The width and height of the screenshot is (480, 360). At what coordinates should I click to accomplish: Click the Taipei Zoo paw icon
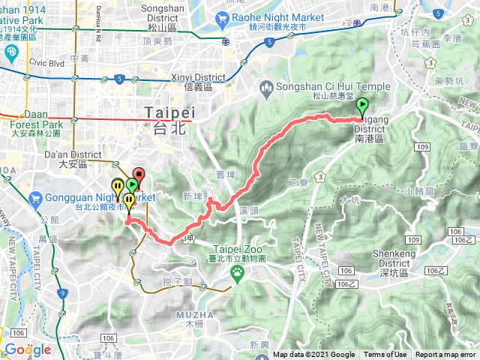pyautogui.click(x=238, y=273)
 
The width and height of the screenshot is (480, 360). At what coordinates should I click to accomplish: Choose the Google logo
pyautogui.click(x=27, y=349)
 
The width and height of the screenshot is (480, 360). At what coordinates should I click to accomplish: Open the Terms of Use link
pyautogui.click(x=385, y=355)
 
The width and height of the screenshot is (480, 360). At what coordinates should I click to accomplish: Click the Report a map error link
pyautogui.click(x=445, y=355)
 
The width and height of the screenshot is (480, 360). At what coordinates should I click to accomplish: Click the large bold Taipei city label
pyautogui.click(x=169, y=112)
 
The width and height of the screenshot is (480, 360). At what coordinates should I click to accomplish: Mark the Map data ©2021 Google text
pyautogui.click(x=313, y=355)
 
